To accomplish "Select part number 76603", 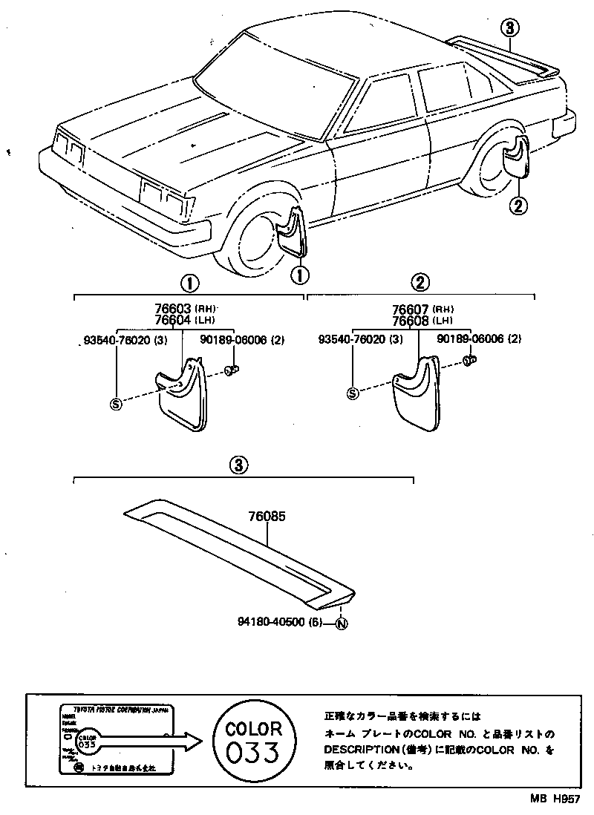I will [173, 309].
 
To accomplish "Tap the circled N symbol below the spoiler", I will [341, 623].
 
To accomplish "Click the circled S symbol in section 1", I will [115, 403].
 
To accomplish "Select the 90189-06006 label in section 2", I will [470, 338].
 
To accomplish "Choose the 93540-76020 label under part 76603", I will [115, 339].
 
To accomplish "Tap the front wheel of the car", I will [256, 241].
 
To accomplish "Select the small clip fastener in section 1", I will [231, 369].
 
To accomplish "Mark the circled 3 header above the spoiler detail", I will [237, 465].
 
